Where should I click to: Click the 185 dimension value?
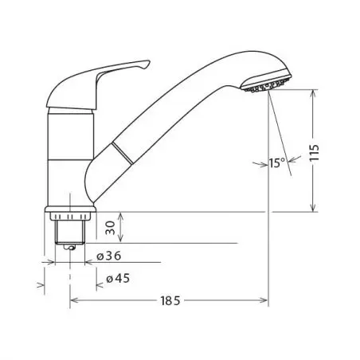tap(170, 301)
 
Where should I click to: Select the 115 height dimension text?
tap(315, 152)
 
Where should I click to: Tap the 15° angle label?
tap(277, 162)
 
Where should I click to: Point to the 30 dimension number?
tap(111, 228)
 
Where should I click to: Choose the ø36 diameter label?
tap(109, 256)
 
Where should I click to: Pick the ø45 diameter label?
tap(118, 279)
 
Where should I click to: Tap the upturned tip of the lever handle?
tap(147, 64)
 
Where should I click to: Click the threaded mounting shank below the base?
tap(70, 231)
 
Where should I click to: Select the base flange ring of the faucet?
tap(70, 209)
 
